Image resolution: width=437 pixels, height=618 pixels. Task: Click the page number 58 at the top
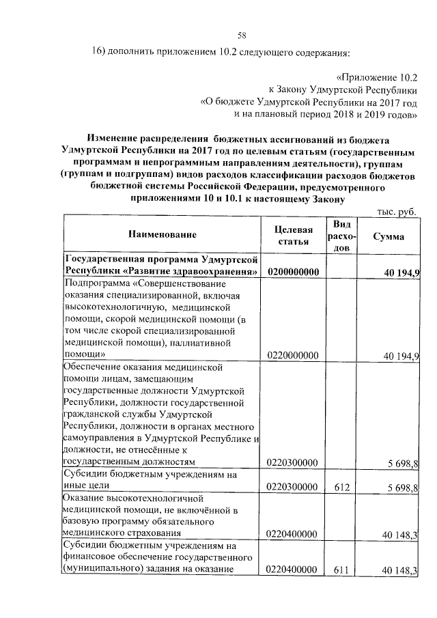click(x=242, y=36)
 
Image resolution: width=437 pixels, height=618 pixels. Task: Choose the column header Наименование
click(x=162, y=235)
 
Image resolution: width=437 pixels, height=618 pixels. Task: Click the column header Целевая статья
click(x=293, y=235)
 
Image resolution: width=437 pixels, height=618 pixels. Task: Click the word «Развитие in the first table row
click(x=139, y=272)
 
